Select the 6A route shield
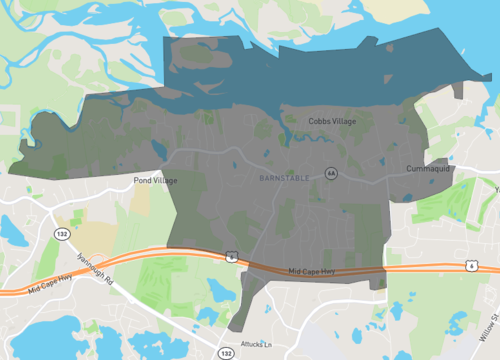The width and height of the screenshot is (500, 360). click(x=330, y=173)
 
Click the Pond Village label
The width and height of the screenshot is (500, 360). click(x=155, y=181)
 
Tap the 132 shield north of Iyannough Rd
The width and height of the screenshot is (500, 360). click(x=61, y=233)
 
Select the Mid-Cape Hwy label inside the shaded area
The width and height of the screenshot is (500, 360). click(x=309, y=272)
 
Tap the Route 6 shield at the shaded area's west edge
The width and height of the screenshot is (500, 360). click(x=231, y=257)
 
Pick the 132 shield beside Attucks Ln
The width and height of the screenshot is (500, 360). click(x=226, y=353)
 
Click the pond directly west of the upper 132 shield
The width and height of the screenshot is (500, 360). click(x=13, y=232)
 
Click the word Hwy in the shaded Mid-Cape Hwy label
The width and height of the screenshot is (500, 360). click(x=321, y=272)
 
